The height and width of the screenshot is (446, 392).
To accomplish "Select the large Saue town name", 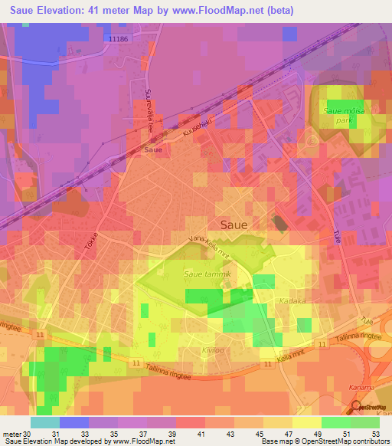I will (234, 225).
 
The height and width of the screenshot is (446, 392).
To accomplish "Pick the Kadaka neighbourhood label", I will (293, 301).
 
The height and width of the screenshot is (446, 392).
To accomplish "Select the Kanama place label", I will (377, 390).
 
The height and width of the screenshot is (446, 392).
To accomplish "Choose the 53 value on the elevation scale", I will (374, 434).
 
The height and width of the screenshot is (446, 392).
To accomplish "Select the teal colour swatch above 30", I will (44, 422).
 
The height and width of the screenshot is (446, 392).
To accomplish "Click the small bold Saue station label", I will (152, 150).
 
